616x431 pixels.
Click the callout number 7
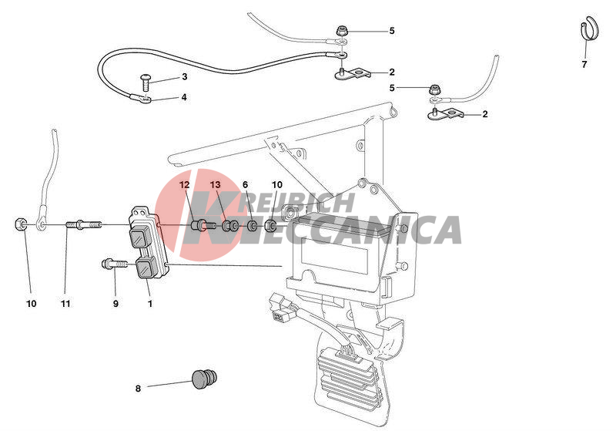click(x=584, y=64)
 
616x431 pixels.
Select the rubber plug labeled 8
click(x=204, y=379)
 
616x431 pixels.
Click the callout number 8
click(x=138, y=389)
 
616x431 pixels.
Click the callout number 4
click(x=184, y=97)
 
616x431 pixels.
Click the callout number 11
click(x=65, y=304)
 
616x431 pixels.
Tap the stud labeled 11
click(x=85, y=225)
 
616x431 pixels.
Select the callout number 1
click(x=149, y=304)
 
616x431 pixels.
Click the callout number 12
click(x=185, y=184)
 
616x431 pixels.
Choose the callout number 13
click(x=216, y=184)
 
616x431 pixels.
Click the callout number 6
click(x=245, y=184)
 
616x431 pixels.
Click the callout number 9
click(x=115, y=304)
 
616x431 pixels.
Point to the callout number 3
click(x=185, y=76)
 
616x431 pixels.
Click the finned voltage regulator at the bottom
click(x=349, y=374)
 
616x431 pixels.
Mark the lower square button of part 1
click(x=146, y=268)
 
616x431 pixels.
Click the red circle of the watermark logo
click(x=196, y=215)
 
